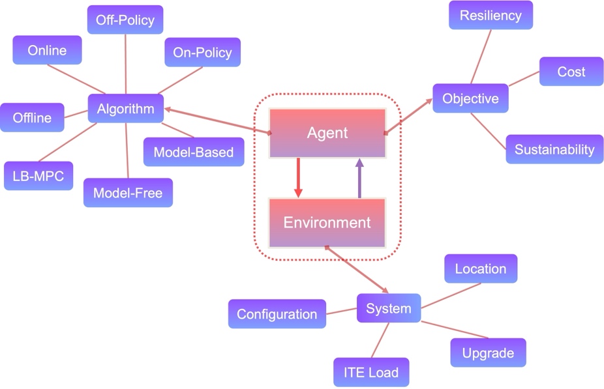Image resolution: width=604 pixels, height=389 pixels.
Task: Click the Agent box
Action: coord(327,134)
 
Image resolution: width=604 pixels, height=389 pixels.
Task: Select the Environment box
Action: coord(327,223)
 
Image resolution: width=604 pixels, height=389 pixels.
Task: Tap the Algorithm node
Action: coord(125,109)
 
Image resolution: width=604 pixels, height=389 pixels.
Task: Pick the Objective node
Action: coord(470,99)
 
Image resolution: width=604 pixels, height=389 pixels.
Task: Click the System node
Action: coord(389,308)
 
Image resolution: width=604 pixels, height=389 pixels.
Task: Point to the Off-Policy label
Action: coord(125,20)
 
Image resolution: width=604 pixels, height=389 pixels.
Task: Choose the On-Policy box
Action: coord(202,53)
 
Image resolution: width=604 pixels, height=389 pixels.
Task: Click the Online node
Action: coord(47,50)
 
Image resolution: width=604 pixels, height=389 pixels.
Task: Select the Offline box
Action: coord(32,118)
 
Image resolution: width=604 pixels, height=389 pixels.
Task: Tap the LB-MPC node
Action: coord(38,175)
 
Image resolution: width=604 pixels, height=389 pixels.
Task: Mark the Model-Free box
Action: coord(128,193)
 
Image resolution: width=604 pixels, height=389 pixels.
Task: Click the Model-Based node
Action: coord(194,152)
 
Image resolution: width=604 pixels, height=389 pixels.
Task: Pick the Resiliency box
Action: coord(491,15)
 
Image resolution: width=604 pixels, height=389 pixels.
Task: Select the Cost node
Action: coord(571,72)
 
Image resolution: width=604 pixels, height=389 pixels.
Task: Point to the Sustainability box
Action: coord(554,149)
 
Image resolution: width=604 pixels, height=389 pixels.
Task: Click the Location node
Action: coord(481,268)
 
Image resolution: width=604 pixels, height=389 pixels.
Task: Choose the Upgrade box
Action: coord(488,353)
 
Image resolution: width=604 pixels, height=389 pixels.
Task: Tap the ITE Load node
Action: coord(371,373)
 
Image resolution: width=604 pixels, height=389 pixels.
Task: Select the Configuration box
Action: coord(277,314)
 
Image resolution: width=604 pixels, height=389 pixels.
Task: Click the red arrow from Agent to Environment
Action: coord(298,177)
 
